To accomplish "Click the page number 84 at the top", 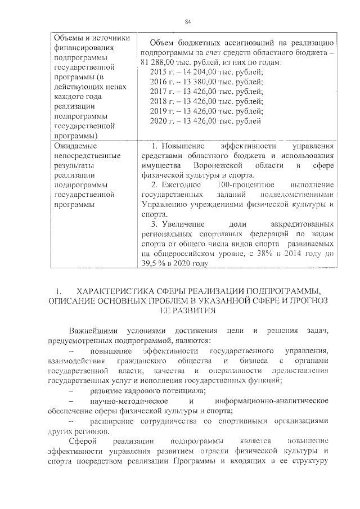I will pyautogui.click(x=188, y=22).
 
